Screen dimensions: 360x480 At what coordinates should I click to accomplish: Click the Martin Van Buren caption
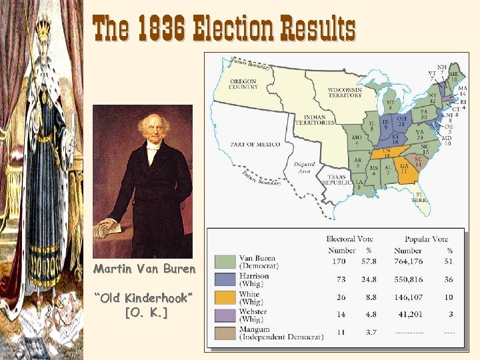[145, 269]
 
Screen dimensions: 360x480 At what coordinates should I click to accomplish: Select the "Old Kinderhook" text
[145, 297]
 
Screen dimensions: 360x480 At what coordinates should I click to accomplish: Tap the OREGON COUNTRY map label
[243, 83]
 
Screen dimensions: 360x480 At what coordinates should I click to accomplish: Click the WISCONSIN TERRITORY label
[345, 93]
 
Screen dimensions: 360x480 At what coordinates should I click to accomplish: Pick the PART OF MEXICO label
[255, 145]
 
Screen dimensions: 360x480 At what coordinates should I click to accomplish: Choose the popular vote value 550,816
[409, 279]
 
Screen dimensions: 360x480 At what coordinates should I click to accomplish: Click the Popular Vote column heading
[426, 239]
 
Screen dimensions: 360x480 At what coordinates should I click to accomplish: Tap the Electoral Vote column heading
[350, 239]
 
